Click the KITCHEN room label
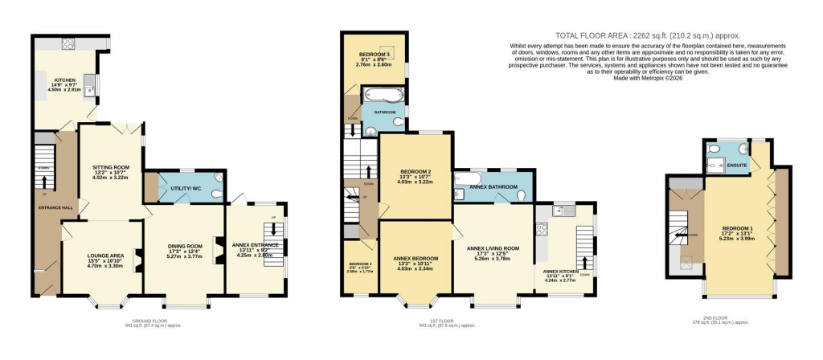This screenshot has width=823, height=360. tap(64, 80)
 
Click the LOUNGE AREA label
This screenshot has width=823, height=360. tap(104, 256)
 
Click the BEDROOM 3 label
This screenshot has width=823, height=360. tap(375, 55)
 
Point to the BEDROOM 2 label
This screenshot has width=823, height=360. tap(415, 171)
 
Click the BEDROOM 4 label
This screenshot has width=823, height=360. tap(360, 264)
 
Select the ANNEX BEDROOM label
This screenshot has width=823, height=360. tap(416, 258)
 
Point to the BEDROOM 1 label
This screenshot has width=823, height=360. tap(736, 227)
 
